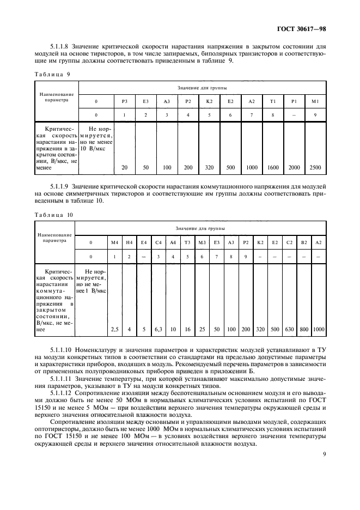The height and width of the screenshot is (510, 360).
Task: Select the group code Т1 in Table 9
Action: [x=272, y=101]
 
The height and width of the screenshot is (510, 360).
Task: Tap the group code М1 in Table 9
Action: [x=314, y=101]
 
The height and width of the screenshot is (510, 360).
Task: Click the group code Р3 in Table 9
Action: [x=124, y=101]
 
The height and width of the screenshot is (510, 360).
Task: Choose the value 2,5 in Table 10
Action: [x=114, y=329]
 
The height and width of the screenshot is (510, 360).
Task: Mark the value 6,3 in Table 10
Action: [x=158, y=329]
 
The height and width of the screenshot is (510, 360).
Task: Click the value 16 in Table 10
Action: [x=187, y=329]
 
